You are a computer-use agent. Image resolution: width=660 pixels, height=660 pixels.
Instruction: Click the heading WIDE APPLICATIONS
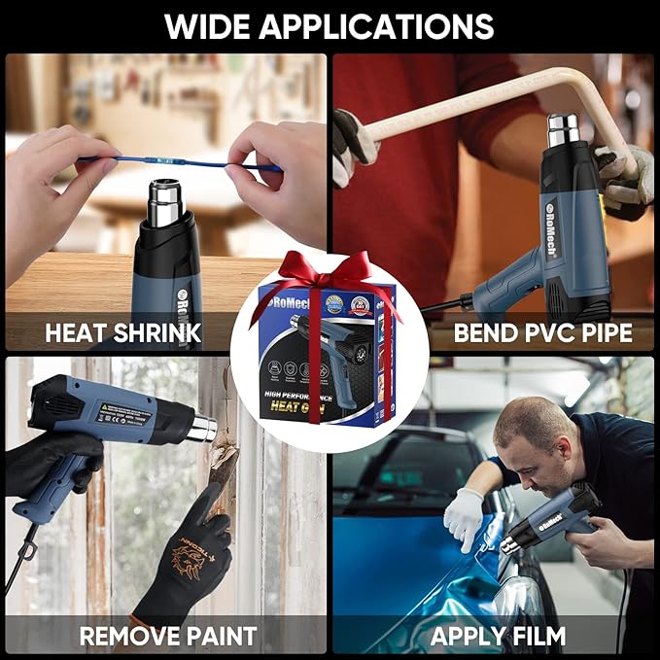tap(329, 25)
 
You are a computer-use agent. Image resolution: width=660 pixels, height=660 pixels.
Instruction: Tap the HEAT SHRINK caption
tap(122, 333)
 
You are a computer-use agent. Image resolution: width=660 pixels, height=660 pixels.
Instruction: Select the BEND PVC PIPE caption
tap(542, 333)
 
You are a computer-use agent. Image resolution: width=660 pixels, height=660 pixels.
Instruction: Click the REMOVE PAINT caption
tap(167, 637)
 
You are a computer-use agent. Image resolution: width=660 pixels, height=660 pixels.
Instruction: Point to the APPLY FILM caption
tap(498, 637)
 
